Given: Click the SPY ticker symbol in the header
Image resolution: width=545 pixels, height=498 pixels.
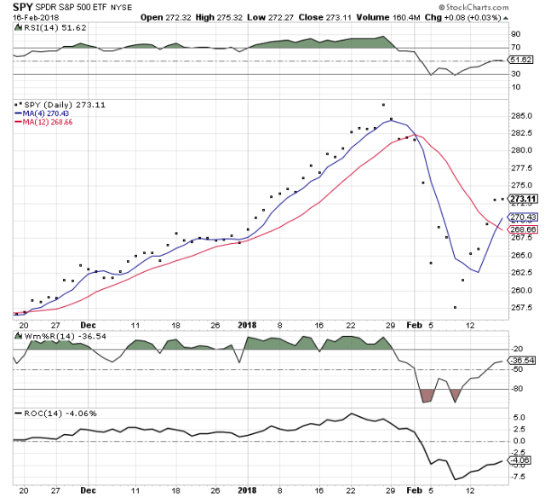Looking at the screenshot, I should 23,6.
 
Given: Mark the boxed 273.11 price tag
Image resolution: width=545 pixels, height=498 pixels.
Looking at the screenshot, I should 520,199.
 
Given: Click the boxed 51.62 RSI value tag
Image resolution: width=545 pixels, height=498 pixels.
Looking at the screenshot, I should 519,60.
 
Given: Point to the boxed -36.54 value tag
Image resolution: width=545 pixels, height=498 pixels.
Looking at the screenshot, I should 519,362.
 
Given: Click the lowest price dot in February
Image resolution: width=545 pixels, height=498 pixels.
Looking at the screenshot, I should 456,308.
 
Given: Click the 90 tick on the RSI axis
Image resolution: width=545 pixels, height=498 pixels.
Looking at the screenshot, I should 513,34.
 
